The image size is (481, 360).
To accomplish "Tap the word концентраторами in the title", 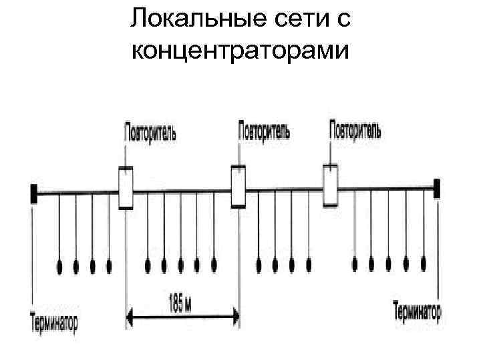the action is click(x=240, y=50).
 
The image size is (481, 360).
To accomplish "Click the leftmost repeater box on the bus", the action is click(x=126, y=189).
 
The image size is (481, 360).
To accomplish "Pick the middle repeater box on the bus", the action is click(x=238, y=187).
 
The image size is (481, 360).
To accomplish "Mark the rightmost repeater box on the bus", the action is click(x=330, y=185).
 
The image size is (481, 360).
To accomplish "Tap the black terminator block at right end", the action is click(x=437, y=189).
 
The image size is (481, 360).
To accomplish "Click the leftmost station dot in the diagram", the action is click(x=60, y=266).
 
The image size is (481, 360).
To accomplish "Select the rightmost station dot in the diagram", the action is click(x=423, y=265).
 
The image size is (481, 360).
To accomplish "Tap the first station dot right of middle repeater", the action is click(x=259, y=265).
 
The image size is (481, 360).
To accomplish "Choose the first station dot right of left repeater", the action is click(x=148, y=266).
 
